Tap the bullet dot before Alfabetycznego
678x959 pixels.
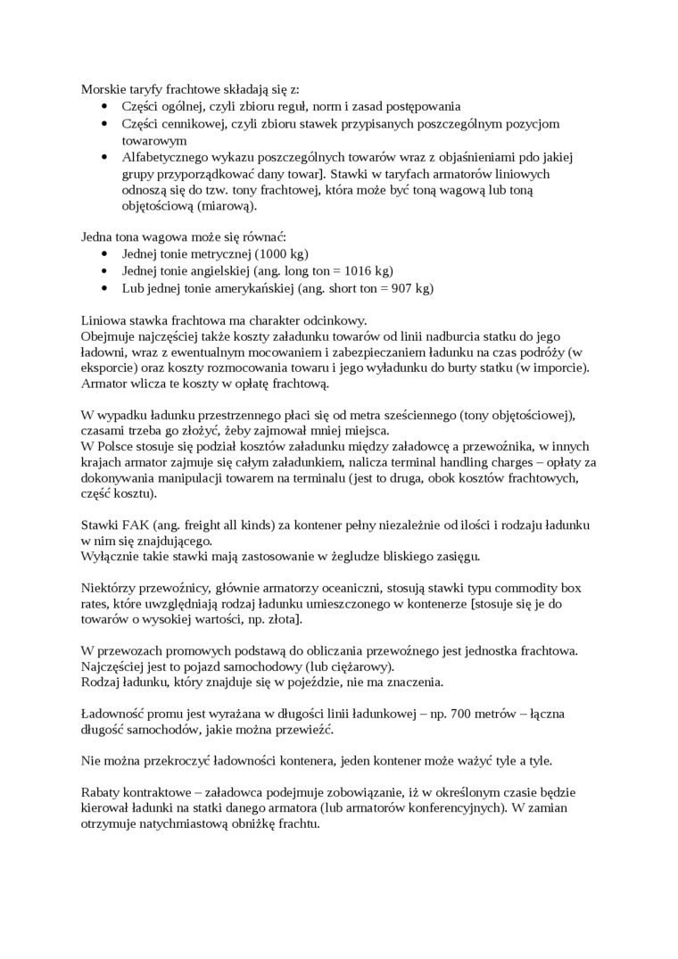coord(105,157)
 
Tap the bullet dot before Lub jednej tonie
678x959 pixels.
coord(105,288)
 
